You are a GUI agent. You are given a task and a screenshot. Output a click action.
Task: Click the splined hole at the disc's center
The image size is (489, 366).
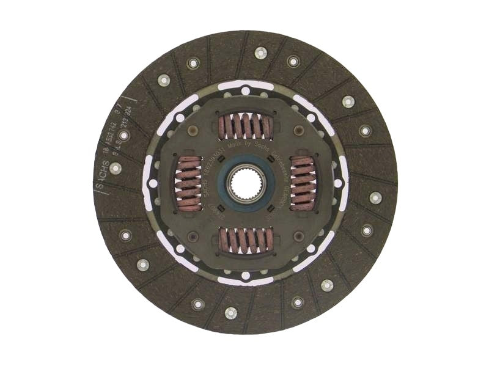point(246,183)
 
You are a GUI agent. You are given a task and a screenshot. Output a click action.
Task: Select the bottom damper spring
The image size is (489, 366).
point(245,240)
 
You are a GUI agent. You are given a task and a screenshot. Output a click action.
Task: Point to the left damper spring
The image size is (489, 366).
point(188,183)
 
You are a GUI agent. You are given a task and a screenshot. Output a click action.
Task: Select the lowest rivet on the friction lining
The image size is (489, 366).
point(230,313)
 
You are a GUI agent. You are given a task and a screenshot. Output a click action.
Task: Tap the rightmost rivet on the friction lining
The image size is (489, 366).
point(375,197)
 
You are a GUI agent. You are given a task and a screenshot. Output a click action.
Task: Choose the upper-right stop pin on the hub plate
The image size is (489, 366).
point(299,131)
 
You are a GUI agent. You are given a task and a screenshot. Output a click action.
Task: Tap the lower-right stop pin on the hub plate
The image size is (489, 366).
point(299,236)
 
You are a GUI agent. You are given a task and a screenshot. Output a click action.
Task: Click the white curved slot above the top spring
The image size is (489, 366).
point(245,86)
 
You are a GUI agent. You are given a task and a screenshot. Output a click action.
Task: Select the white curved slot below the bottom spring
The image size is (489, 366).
point(245,280)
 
